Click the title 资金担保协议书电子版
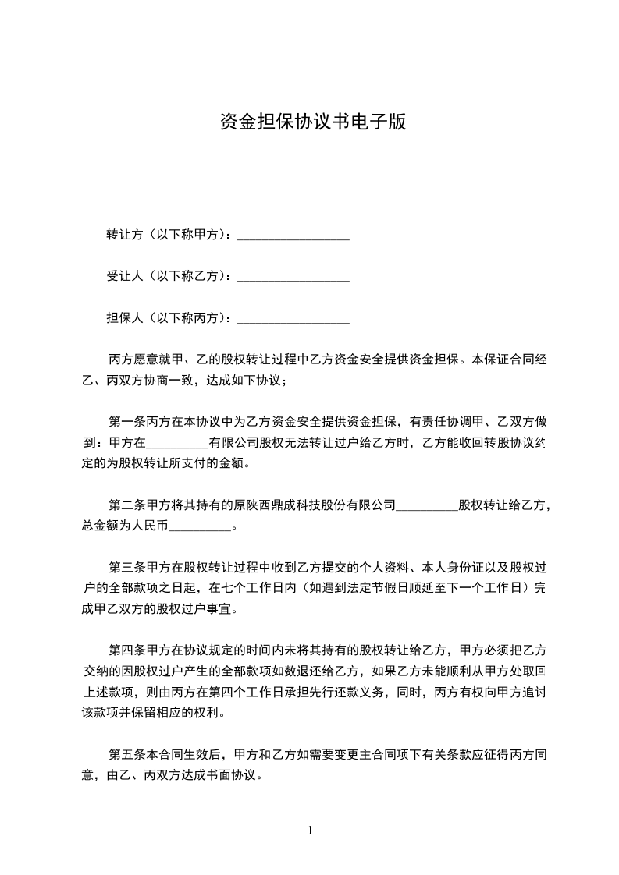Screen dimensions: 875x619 pyautogui.click(x=312, y=122)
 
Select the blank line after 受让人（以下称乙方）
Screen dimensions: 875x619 pyautogui.click(x=293, y=277)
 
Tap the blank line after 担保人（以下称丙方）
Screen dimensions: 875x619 pyautogui.click(x=293, y=318)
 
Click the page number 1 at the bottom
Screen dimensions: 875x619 pyautogui.click(x=310, y=830)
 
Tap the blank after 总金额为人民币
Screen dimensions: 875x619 pyautogui.click(x=201, y=527)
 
